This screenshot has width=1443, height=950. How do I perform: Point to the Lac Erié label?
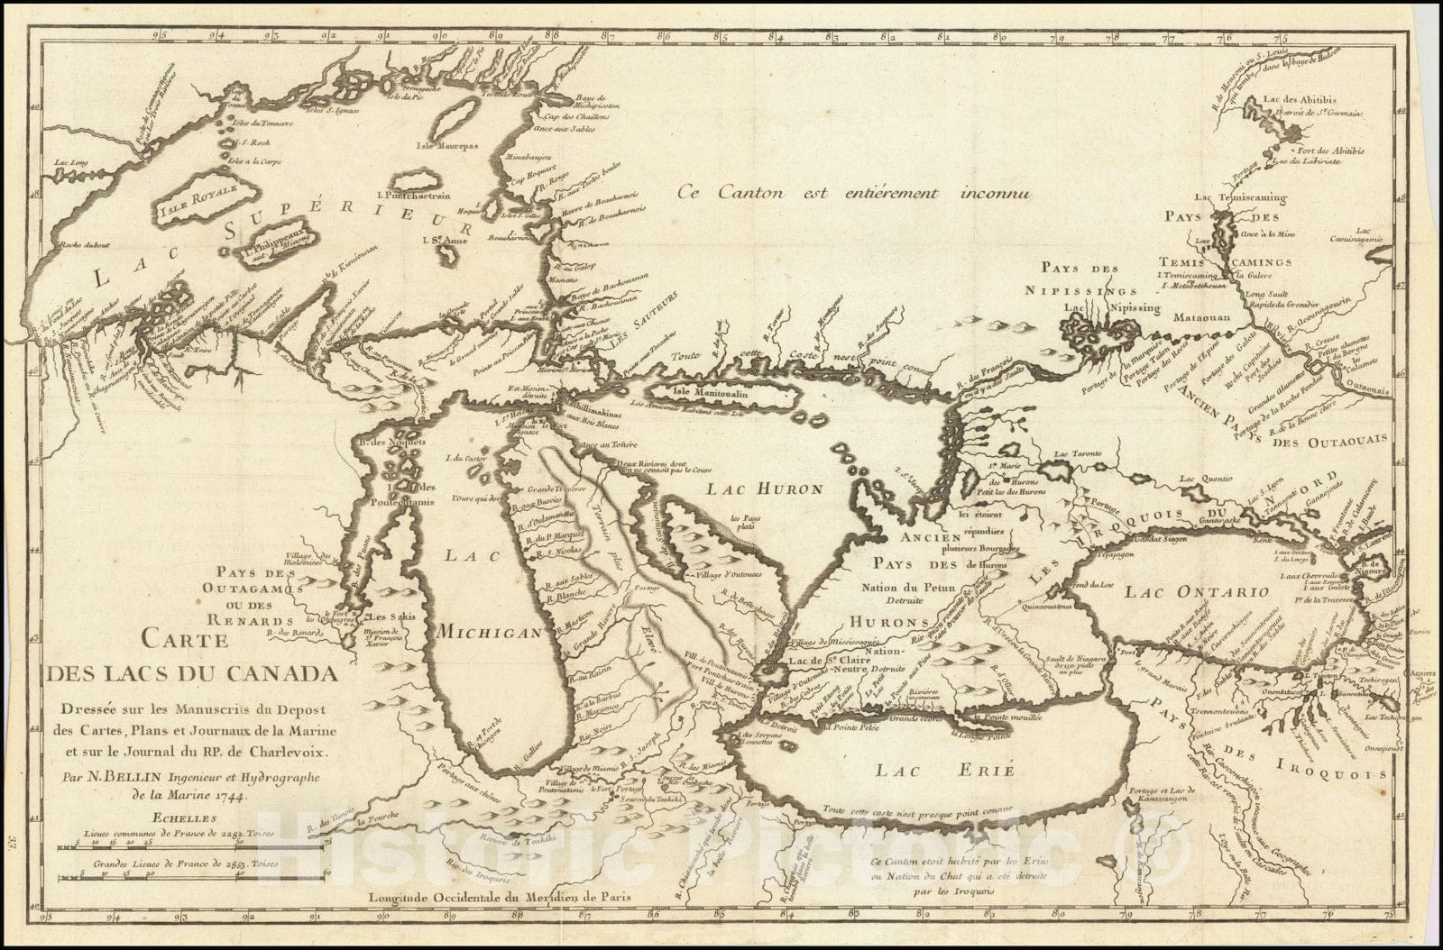(945, 770)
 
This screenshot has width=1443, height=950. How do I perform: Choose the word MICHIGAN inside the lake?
(490, 632)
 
